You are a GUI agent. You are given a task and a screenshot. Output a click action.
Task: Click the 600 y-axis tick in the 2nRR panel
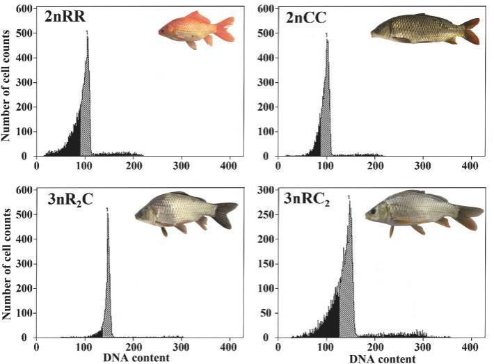click(22, 8)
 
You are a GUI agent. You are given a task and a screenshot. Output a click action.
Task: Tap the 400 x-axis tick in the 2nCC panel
click(470, 166)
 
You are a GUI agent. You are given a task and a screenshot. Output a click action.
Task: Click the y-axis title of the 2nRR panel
click(6, 82)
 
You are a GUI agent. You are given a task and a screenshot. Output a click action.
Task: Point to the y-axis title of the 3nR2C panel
click(6, 264)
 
